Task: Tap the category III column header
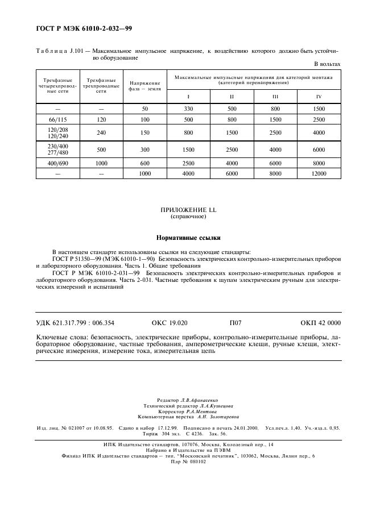pos(275,96)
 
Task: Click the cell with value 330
pos(188,108)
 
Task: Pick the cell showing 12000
pos(319,173)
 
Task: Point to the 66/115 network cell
pos(57,119)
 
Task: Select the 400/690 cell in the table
pos(57,163)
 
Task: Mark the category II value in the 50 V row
pos(232,108)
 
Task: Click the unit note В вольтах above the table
pos(328,64)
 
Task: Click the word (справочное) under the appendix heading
pos(188,217)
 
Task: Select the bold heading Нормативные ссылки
pos(188,238)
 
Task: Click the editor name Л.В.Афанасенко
pos(203,400)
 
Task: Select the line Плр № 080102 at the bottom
pos(188,462)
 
